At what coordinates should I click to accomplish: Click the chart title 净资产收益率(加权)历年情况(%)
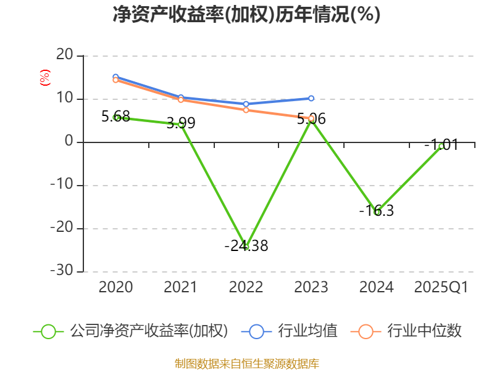click(246, 15)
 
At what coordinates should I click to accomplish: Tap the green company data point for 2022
click(246, 247)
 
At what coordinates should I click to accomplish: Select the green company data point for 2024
click(377, 212)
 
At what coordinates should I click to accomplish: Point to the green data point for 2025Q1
click(442, 146)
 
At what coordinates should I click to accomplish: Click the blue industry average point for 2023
click(311, 98)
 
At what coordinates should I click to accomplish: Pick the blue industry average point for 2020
click(115, 77)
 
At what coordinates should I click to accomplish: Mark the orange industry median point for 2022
click(246, 110)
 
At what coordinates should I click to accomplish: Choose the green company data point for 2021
click(181, 125)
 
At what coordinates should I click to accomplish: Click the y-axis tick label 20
click(64, 55)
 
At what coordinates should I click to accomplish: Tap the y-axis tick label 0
click(69, 142)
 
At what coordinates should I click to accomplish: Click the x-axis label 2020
click(115, 287)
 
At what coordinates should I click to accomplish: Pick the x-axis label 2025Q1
click(442, 287)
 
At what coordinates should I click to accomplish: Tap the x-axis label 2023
click(311, 287)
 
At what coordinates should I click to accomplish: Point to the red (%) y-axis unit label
click(44, 78)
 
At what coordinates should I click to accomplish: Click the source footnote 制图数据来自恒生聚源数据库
click(246, 363)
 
